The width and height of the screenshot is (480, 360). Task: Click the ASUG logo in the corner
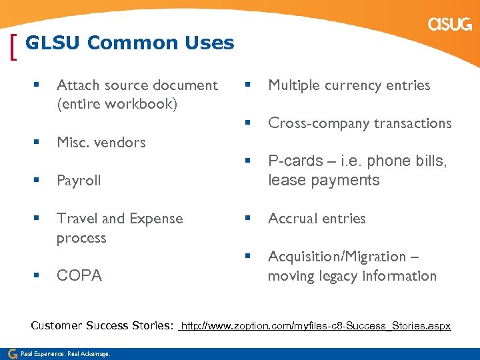(450, 25)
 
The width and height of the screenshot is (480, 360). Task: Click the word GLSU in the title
(53, 43)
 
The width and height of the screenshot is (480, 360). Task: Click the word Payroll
(79, 181)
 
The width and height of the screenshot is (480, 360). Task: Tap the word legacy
(333, 276)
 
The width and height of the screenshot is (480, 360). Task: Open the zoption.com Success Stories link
(316, 326)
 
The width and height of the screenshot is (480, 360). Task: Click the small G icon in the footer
(11, 353)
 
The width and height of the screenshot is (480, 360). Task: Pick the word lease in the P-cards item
(283, 181)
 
